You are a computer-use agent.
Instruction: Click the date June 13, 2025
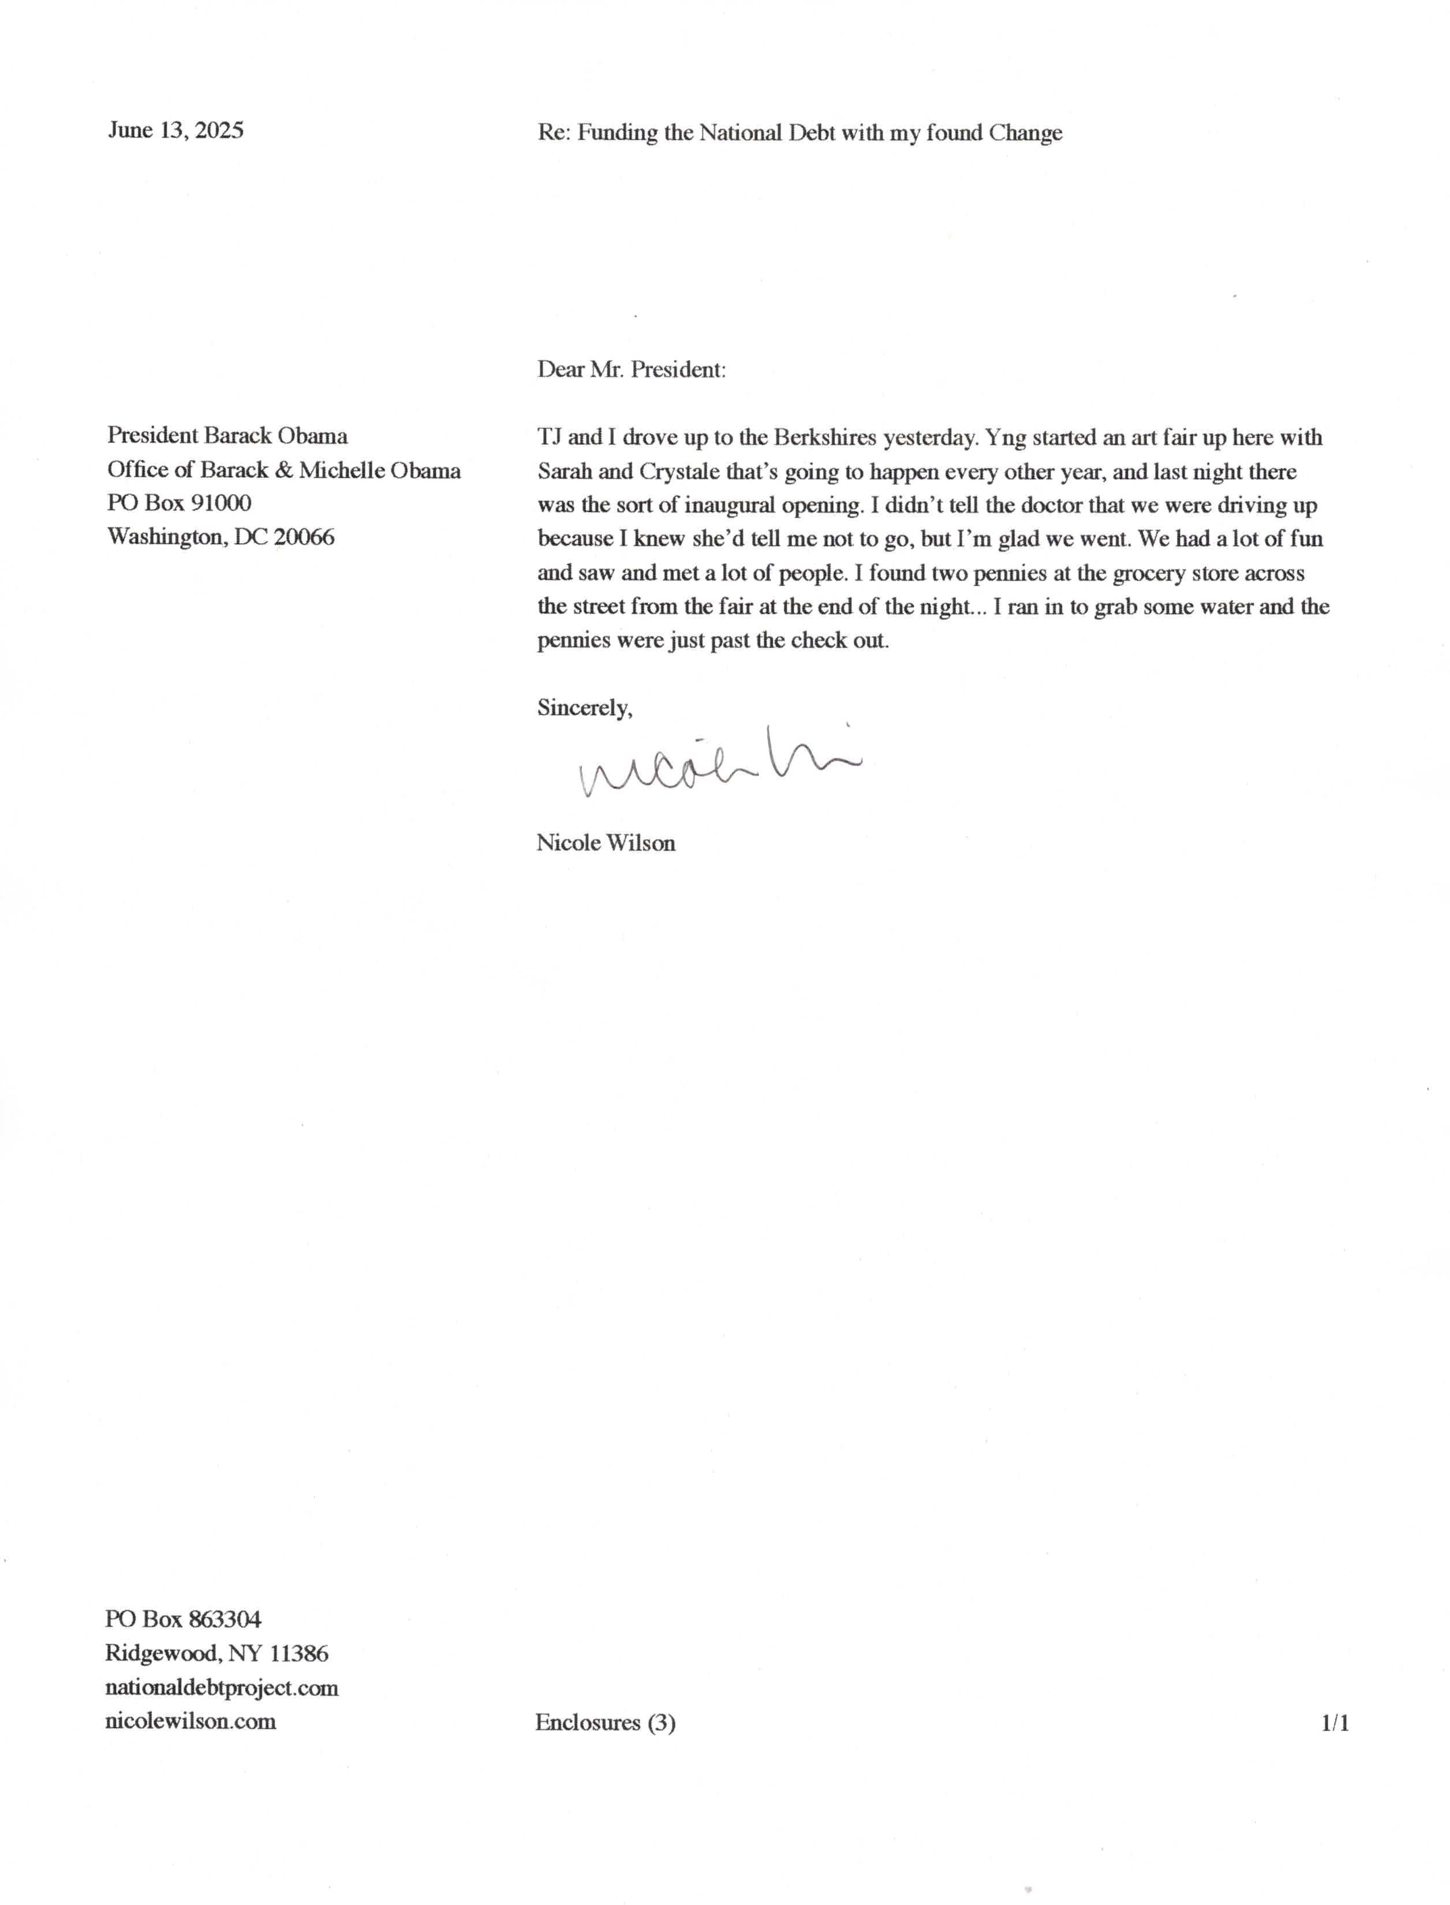(x=175, y=130)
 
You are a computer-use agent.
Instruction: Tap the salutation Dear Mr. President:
(x=631, y=369)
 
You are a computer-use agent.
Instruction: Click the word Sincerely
(x=584, y=708)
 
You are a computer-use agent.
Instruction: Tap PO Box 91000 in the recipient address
(x=180, y=503)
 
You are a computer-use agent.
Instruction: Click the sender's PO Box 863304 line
(x=183, y=1619)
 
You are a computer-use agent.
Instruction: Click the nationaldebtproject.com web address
(x=221, y=1687)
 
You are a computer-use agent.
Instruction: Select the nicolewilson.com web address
(x=190, y=1721)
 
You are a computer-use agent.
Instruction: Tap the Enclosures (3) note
(x=605, y=1723)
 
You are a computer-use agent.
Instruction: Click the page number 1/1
(x=1335, y=1723)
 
